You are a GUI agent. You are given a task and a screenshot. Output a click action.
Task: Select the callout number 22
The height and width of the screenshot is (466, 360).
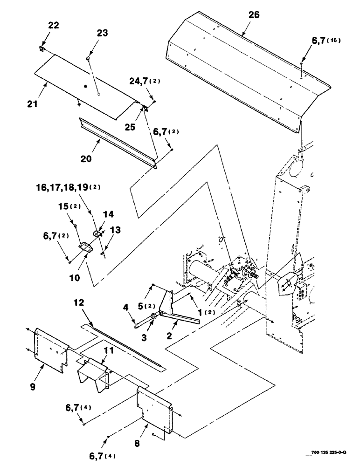54,26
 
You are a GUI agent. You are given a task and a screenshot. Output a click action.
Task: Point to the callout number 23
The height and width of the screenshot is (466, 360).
102,33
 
